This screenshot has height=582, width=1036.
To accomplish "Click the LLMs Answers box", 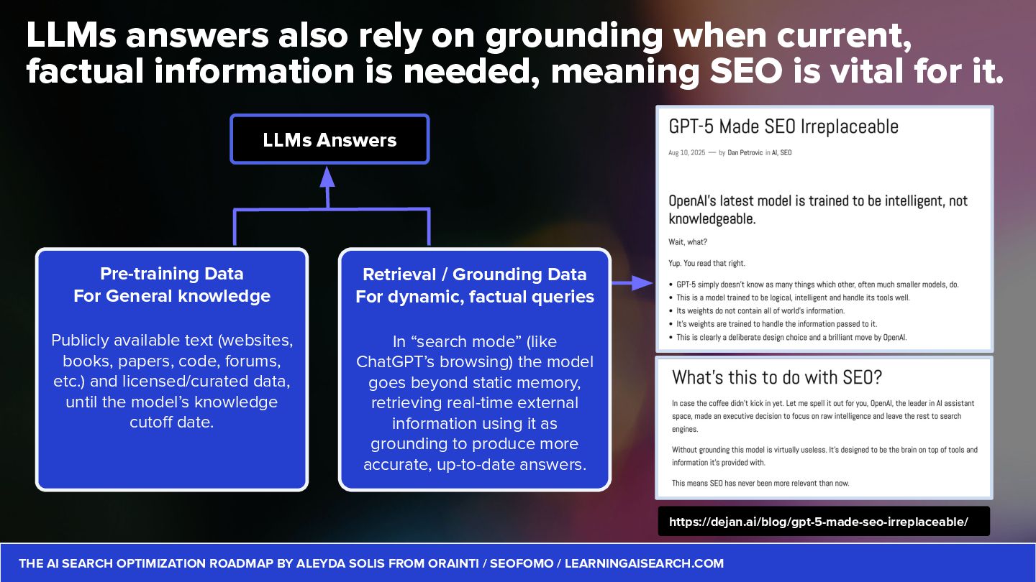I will pyautogui.click(x=330, y=139).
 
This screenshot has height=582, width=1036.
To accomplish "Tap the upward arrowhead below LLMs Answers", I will pyautogui.click(x=328, y=177).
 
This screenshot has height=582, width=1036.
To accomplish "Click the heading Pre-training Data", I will pyautogui.click(x=172, y=274).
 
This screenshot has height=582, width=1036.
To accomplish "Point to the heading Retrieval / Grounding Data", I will pyautogui.click(x=475, y=274).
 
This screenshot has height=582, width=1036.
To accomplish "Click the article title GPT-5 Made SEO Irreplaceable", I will pyautogui.click(x=783, y=127).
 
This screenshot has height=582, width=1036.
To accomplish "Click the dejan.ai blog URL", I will pyautogui.click(x=819, y=522).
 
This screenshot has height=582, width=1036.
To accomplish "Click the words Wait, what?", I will pyautogui.click(x=688, y=242).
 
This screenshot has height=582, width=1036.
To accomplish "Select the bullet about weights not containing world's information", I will pyautogui.click(x=760, y=311).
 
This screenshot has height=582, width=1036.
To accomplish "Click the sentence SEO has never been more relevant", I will pyautogui.click(x=760, y=483).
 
